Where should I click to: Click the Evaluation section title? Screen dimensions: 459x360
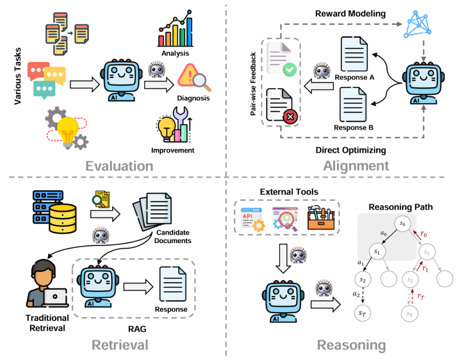tap(119, 166)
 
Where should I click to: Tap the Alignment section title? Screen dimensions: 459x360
tap(356, 166)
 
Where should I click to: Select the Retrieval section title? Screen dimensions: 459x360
tap(120, 345)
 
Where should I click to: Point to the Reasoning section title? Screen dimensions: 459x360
tap(351, 345)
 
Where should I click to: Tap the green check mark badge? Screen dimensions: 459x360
tap(289, 69)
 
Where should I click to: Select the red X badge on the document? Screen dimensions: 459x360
tap(290, 117)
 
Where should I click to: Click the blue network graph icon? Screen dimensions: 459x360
tap(417, 25)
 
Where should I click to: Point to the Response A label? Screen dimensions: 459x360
tap(354, 77)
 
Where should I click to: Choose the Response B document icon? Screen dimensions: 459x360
tap(353, 105)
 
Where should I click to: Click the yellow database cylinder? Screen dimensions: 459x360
tap(62, 218)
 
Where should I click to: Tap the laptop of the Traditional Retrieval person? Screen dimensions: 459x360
tap(55, 298)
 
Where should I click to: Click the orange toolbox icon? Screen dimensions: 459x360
tap(321, 218)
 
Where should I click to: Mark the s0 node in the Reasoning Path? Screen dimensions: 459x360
tap(402, 224)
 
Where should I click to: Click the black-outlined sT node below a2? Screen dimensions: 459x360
tap(363, 313)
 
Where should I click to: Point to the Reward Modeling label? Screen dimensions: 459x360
tap(350, 14)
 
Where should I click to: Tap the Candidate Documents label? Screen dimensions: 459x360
tap(173, 236)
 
